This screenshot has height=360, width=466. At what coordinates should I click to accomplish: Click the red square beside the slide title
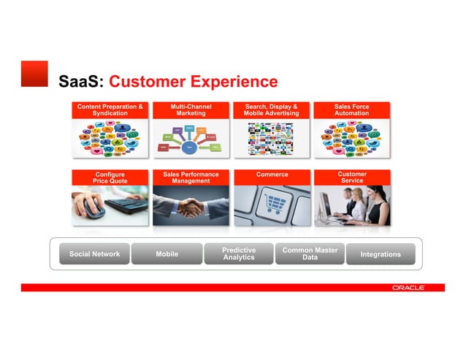pos(34,74)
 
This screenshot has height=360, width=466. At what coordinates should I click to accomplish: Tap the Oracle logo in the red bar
pos(408,288)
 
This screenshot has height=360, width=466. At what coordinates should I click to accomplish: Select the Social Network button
pos(94,254)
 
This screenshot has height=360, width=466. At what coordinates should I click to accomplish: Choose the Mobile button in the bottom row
pos(167,254)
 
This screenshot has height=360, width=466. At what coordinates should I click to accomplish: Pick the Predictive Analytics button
pos(238,254)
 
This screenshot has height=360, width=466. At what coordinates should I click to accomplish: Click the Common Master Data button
pos(310,254)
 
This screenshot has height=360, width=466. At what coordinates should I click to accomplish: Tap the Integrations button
pos(381,254)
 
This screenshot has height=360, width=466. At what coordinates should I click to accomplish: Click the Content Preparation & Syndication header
pos(110,110)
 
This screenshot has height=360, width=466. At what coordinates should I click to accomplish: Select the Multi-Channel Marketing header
pos(191,110)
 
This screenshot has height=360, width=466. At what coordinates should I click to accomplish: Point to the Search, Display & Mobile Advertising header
pos(271,110)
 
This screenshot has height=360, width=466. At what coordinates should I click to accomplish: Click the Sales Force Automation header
pos(351,110)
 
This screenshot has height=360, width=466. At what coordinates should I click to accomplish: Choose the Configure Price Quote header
pos(110,178)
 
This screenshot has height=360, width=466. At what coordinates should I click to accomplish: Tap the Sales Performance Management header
pos(191,178)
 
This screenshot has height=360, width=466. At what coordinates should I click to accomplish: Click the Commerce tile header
pos(271,175)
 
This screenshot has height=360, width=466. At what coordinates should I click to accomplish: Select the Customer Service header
pos(351,178)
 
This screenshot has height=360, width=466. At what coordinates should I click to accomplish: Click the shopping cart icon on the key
pos(273,204)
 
